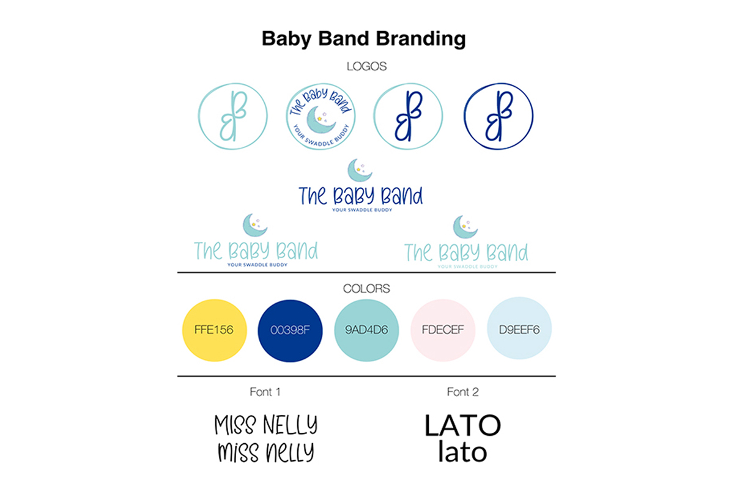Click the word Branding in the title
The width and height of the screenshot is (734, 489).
tap(421, 39)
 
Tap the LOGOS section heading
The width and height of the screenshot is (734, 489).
tap(366, 67)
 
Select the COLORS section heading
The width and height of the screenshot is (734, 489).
tap(366, 289)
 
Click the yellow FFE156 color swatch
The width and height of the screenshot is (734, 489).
tap(214, 330)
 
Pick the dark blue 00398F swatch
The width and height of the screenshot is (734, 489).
tap(290, 331)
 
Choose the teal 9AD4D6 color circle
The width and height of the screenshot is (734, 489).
tap(366, 330)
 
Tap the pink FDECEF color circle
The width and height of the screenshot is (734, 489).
tap(443, 330)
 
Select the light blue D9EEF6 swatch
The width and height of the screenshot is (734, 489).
tap(519, 328)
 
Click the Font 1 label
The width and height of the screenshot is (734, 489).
tap(265, 392)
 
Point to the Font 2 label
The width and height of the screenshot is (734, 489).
tap(462, 392)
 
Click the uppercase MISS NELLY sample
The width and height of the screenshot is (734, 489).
tap(265, 424)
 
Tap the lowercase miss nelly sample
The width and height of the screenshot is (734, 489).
tap(265, 452)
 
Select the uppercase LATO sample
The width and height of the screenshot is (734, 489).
tap(462, 425)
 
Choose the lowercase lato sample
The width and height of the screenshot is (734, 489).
tap(462, 452)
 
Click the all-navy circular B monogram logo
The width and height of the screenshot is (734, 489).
tap(498, 116)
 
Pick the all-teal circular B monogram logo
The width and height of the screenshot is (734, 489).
tap(232, 116)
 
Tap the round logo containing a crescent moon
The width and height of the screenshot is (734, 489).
tap(321, 116)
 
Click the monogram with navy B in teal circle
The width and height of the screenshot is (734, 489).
tap(408, 116)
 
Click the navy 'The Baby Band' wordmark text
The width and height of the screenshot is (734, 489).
tap(361, 196)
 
